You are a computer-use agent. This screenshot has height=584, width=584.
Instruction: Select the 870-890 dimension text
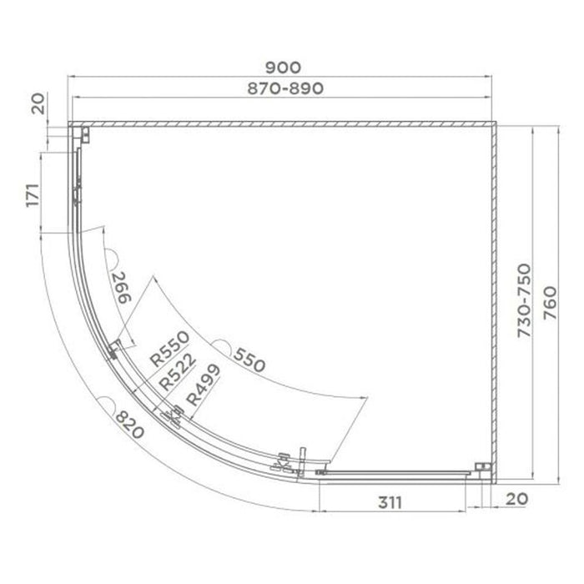[x=284, y=87]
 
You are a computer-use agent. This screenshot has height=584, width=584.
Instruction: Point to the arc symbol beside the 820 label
[x=108, y=404]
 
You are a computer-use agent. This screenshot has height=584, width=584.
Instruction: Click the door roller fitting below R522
[x=174, y=414]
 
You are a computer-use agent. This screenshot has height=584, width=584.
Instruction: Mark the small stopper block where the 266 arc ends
[x=113, y=350]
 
